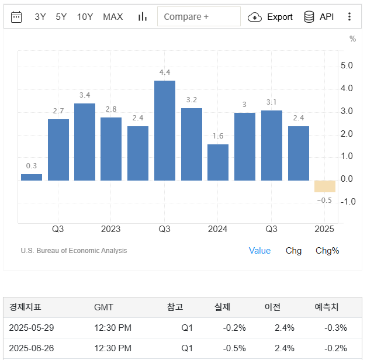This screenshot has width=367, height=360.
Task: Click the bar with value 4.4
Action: click(165, 130)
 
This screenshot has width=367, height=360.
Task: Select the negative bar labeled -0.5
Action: click(324, 186)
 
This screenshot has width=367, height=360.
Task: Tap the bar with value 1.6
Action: click(218, 162)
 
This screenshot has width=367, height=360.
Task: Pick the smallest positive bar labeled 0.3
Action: click(32, 177)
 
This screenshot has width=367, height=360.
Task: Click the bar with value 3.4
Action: click(85, 142)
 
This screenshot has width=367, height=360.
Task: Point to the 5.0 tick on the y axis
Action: click(347, 65)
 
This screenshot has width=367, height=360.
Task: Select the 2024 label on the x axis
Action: click(217, 229)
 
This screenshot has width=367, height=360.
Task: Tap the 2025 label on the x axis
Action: click(324, 229)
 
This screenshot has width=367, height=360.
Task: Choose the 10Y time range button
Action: click(85, 16)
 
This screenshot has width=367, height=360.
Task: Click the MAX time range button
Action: click(113, 16)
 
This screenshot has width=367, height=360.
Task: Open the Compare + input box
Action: click(199, 16)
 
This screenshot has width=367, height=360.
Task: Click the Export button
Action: click(271, 17)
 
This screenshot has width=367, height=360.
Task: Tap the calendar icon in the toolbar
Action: click(16, 16)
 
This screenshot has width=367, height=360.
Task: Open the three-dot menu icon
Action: click(349, 16)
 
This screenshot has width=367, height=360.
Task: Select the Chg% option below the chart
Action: click(327, 251)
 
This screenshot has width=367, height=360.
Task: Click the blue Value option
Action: click(259, 251)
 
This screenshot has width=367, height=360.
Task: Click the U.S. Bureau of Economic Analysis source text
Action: click(74, 251)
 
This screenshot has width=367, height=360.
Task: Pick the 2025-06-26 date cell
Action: click(31, 348)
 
